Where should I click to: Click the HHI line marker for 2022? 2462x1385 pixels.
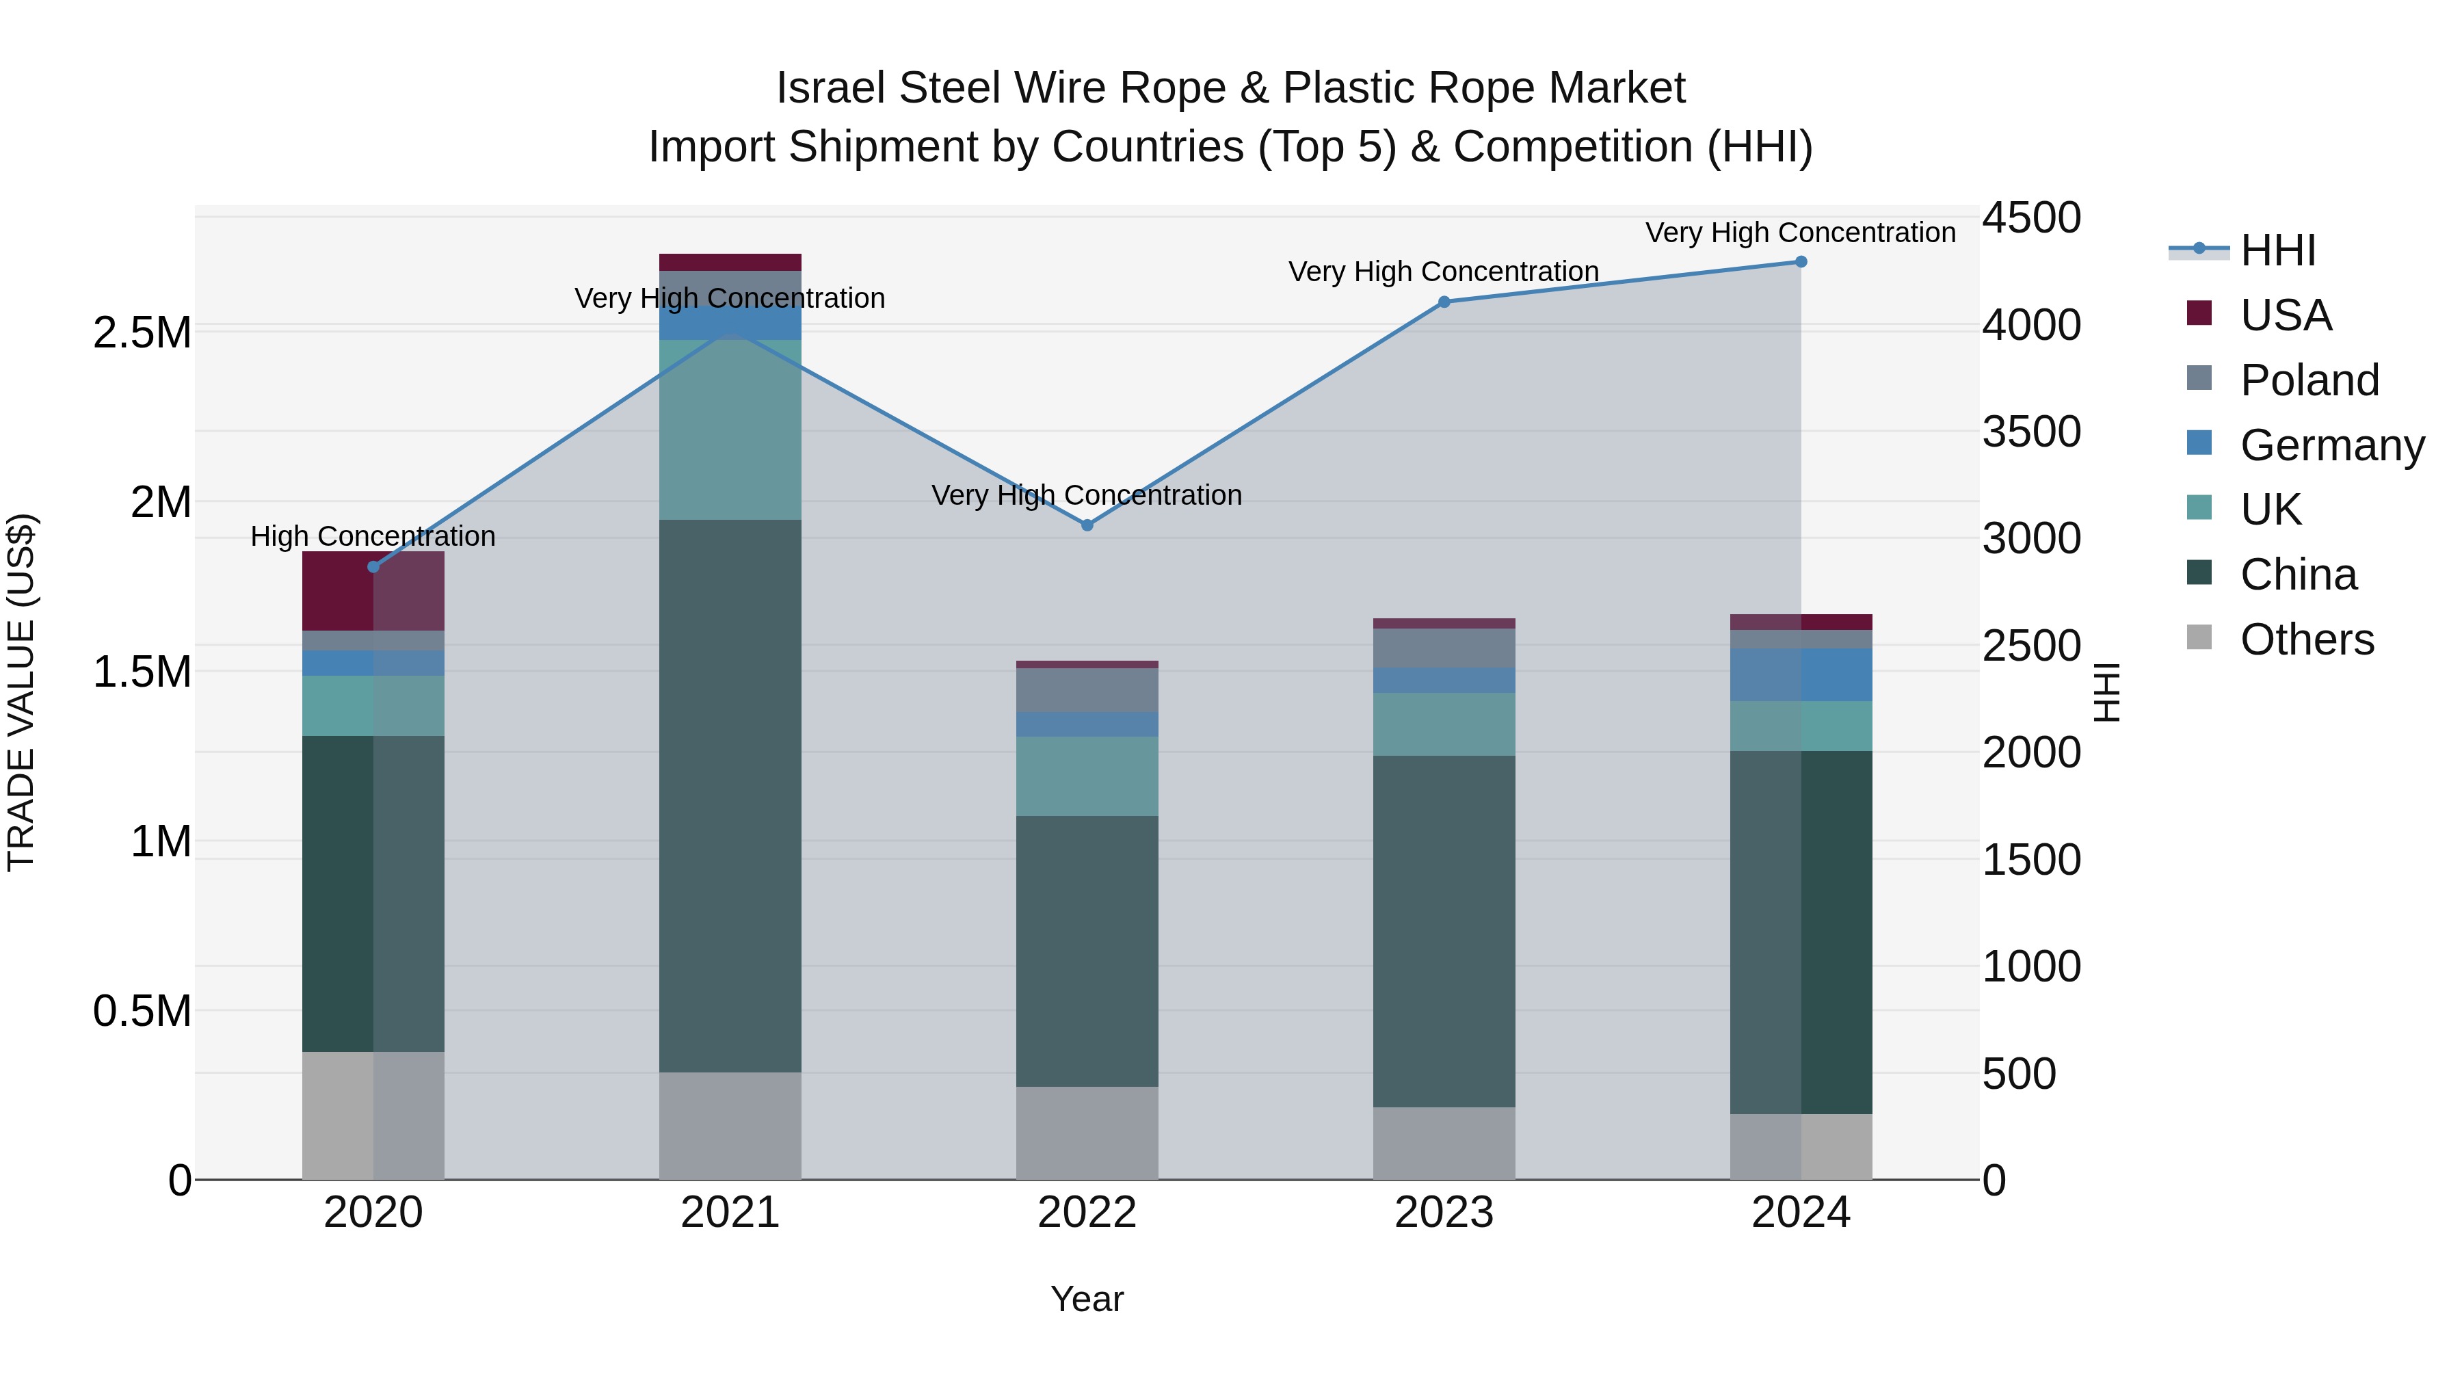(1087, 525)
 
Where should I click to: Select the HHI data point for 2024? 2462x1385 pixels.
(1801, 262)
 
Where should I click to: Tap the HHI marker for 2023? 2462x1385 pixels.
(1444, 302)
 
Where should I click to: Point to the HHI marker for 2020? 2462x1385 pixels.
(373, 567)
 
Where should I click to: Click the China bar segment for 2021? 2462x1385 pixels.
(730, 795)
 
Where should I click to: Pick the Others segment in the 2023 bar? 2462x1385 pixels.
(1444, 1142)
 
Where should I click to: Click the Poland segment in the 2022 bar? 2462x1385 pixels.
(1087, 689)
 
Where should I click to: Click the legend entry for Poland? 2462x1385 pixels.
(2308, 380)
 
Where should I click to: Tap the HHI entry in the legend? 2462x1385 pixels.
(2277, 250)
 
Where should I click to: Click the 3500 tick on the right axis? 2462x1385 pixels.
(2031, 432)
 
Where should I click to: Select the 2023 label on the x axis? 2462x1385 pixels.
(1444, 1212)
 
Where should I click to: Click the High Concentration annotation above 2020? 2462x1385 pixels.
(373, 536)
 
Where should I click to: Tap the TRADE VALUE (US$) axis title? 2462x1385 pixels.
(21, 692)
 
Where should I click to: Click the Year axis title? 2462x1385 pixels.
(1087, 1299)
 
